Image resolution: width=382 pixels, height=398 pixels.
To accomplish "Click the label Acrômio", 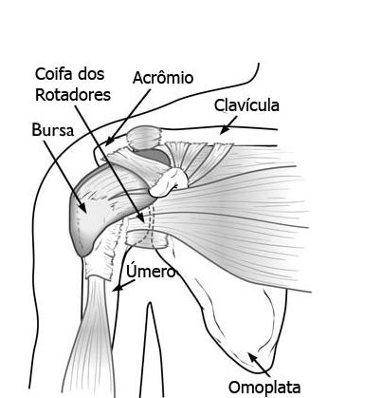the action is click(163, 78).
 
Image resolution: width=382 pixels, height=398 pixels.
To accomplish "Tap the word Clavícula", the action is click(246, 105).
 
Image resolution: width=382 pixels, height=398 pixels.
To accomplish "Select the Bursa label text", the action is click(53, 130).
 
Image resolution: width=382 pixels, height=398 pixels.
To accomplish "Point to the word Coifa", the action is click(54, 74).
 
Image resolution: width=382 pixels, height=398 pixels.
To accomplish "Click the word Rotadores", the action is click(73, 95).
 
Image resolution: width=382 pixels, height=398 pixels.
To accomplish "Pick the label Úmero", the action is click(151, 272).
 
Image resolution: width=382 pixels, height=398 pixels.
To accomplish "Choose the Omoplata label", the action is click(264, 388).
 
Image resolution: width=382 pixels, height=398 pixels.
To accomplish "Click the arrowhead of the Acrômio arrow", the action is click(109, 142).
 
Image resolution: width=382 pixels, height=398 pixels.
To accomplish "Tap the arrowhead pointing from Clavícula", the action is click(224, 130).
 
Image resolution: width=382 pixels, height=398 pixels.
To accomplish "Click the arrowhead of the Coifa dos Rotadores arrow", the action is click(140, 218).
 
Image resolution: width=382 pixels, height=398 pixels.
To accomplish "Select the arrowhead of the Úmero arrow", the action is click(118, 288).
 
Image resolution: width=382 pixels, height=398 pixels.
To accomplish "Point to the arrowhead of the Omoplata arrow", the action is click(252, 357).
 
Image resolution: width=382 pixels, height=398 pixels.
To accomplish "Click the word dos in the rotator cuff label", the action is click(92, 74).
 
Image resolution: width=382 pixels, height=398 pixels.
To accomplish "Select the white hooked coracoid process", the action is click(169, 182).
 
